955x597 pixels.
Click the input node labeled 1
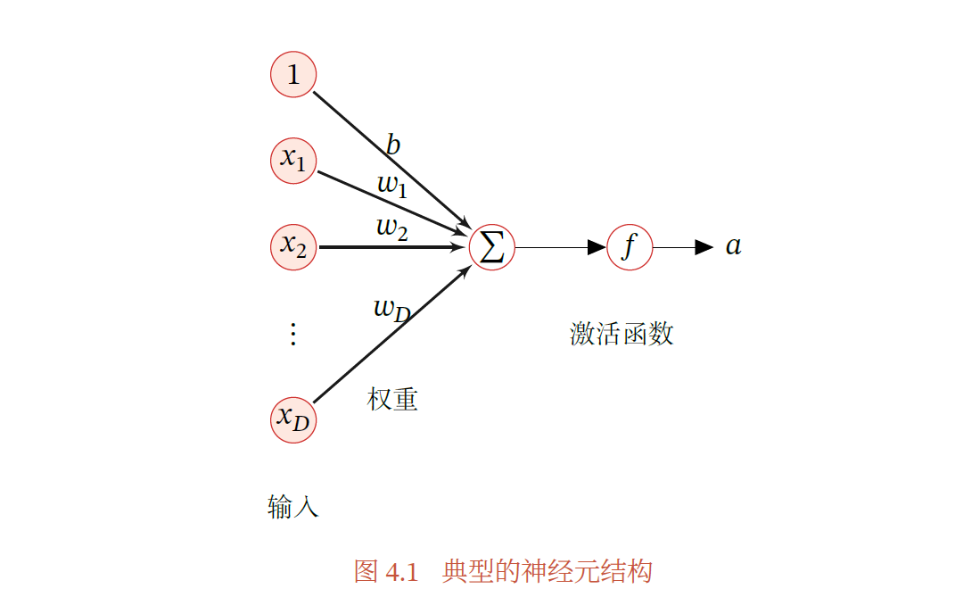tap(293, 75)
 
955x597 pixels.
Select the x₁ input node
tap(293, 161)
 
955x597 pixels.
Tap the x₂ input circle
tap(293, 246)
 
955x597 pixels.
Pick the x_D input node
tap(293, 419)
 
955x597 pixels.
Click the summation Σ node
tap(492, 247)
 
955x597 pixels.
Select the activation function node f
tap(630, 247)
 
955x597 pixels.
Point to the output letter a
tap(733, 246)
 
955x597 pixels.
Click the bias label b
tap(393, 145)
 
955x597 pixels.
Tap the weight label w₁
tap(391, 186)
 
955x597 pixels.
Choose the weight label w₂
tap(392, 228)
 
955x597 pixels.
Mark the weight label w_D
tap(391, 310)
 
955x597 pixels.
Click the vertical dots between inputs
tap(292, 334)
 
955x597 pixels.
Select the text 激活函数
tap(622, 334)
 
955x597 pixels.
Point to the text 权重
tap(392, 399)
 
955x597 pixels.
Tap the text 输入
tap(292, 507)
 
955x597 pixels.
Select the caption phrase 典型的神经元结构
tap(547, 571)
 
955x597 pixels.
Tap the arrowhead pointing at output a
tap(704, 247)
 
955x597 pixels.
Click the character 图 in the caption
tap(366, 571)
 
